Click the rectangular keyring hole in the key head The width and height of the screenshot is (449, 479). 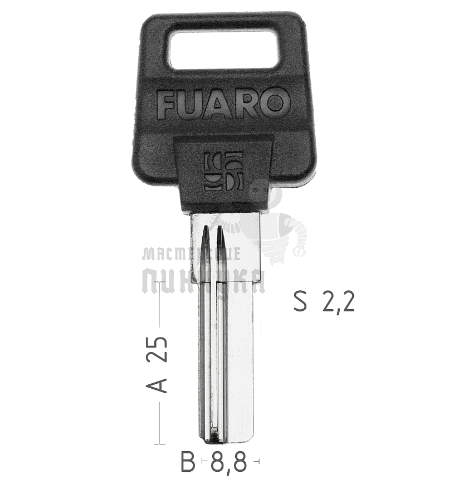224,50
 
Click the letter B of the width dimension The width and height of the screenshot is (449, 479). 188,462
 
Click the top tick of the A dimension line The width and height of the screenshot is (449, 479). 160,282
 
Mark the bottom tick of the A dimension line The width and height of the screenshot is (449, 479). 160,443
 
